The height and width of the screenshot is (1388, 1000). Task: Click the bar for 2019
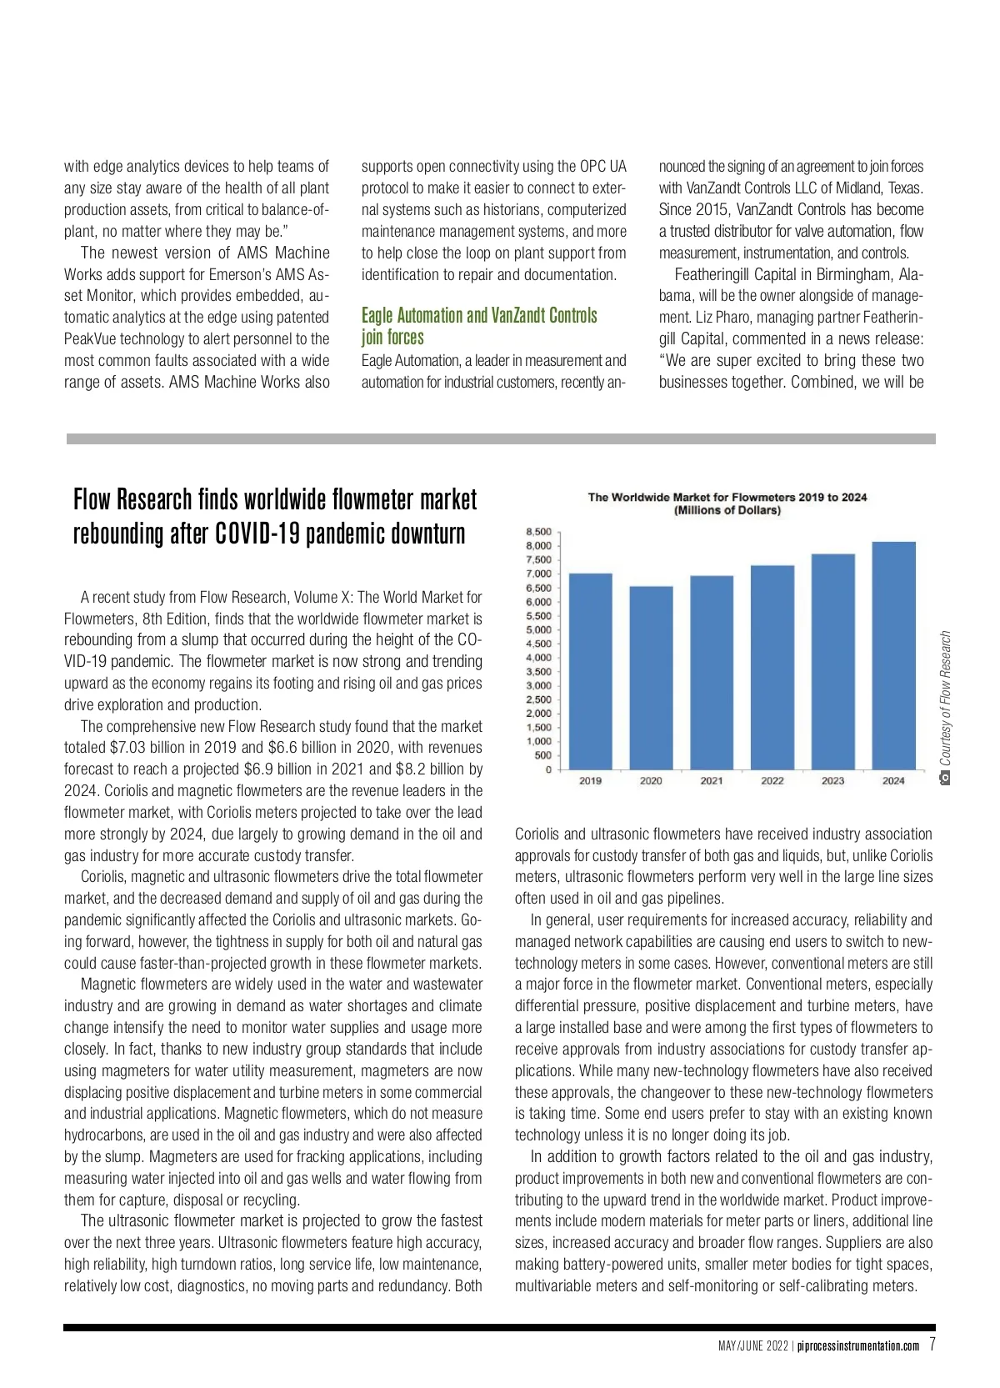[590, 671]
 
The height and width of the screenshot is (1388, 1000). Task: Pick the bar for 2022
[772, 667]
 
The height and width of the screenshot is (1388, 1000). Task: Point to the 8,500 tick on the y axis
[538, 532]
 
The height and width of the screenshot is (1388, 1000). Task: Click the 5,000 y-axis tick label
[538, 630]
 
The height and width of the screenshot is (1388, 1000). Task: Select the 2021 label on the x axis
[712, 781]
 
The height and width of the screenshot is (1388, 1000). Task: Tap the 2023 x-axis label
[832, 781]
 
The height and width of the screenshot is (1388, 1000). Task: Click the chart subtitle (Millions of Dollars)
[727, 510]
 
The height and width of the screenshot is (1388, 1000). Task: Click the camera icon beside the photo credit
[945, 778]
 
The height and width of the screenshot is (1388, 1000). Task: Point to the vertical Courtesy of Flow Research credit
[945, 698]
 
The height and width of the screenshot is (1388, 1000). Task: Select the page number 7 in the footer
[932, 1344]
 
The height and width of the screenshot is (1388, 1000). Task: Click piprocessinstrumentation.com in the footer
[859, 1345]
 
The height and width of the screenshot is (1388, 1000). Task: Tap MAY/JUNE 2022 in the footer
[753, 1345]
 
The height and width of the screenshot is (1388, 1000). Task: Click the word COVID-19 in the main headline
[257, 534]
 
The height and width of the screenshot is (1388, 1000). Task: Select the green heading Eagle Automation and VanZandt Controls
[479, 316]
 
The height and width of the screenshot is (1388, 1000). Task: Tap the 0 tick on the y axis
[547, 769]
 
